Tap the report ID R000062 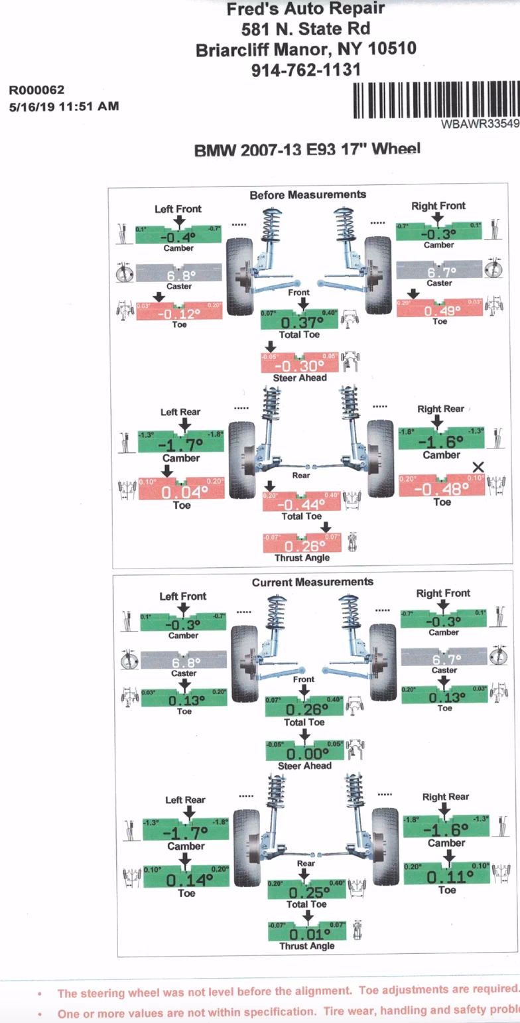[x=36, y=90]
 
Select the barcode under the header [x=434, y=101]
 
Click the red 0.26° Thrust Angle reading [x=302, y=546]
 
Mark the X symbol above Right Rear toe [x=478, y=468]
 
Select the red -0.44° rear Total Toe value [x=302, y=504]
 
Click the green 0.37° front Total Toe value [x=302, y=322]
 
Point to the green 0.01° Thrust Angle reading [x=306, y=934]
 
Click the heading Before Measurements [x=307, y=194]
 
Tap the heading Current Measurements [x=312, y=582]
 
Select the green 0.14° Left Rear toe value [x=186, y=880]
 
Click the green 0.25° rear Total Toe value [x=306, y=892]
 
